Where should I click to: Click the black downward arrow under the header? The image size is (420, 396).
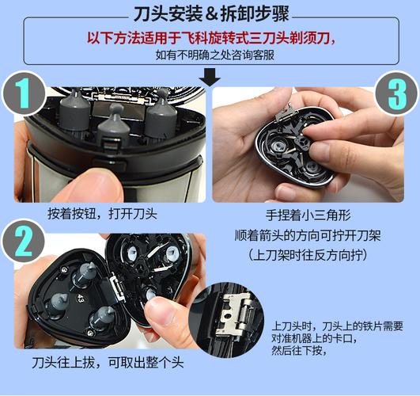(210, 77)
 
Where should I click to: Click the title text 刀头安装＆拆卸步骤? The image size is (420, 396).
(210, 13)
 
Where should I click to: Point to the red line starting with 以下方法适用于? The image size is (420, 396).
(210, 38)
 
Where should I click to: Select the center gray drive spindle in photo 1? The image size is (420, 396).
(115, 127)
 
